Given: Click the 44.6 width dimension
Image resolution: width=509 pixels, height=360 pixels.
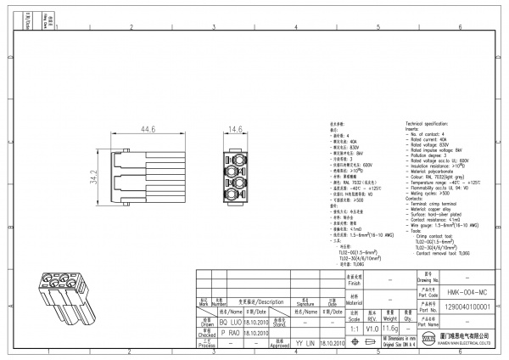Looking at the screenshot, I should pos(148,131).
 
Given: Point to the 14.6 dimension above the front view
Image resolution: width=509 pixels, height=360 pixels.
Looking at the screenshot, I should pos(235,130).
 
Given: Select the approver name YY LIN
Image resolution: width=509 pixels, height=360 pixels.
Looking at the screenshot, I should pos(305,346).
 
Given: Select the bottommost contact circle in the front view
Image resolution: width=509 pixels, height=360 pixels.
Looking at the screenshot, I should pos(235,195).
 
